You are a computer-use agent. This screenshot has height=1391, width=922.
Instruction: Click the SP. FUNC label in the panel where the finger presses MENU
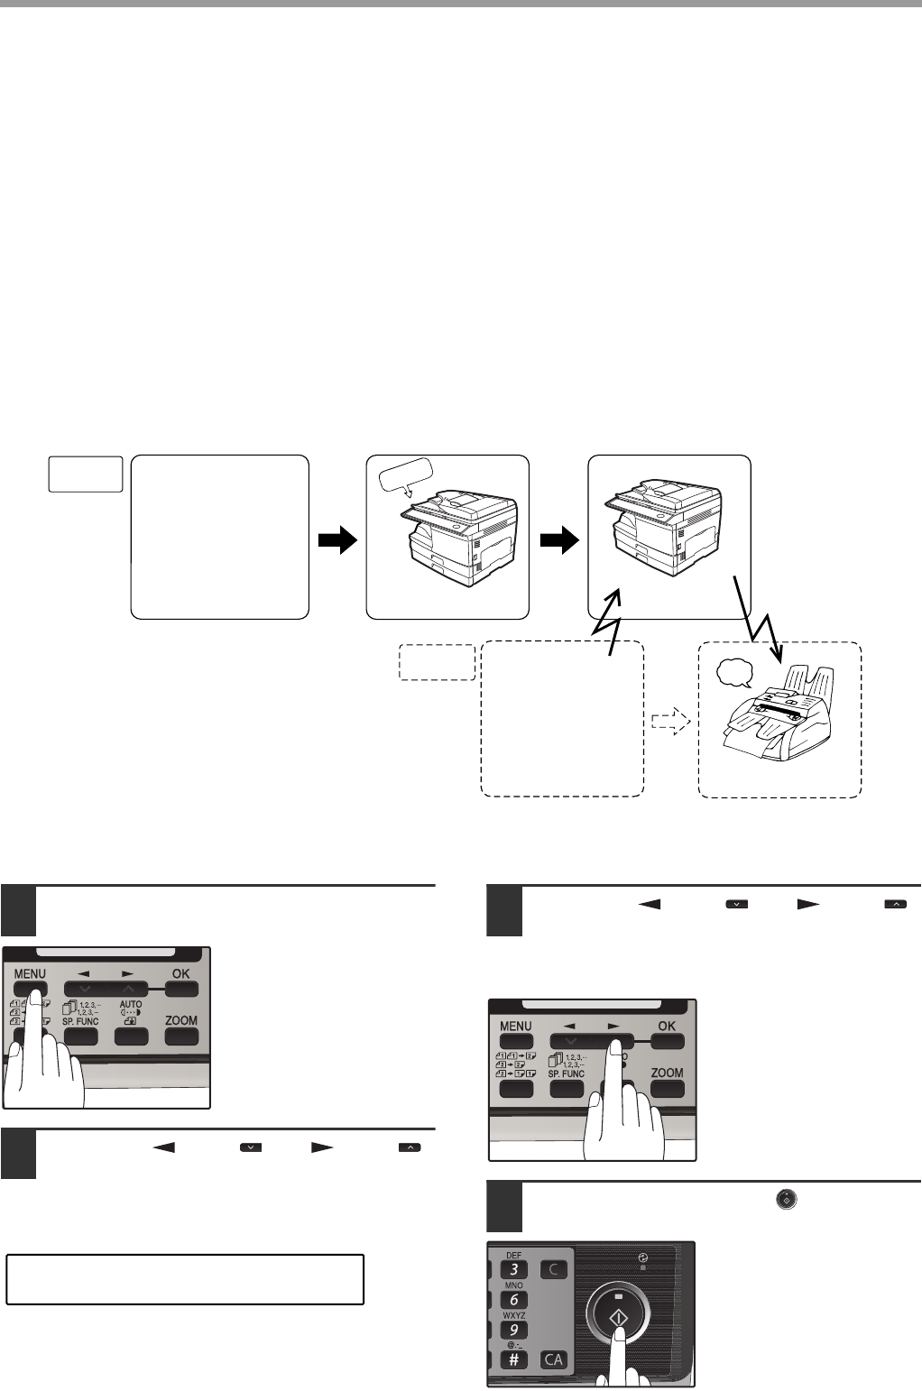pos(81,1021)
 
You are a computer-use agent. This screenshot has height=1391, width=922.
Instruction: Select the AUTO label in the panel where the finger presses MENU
pos(131,1004)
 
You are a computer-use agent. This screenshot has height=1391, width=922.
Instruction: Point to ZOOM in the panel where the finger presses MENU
pos(181,1021)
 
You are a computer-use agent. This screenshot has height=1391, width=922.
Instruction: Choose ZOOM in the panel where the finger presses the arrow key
pos(667,1073)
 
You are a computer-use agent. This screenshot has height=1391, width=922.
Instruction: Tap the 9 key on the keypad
pos(513,1331)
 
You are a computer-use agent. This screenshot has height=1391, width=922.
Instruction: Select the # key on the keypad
pos(513,1359)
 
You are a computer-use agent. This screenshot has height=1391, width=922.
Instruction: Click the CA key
pos(554,1359)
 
